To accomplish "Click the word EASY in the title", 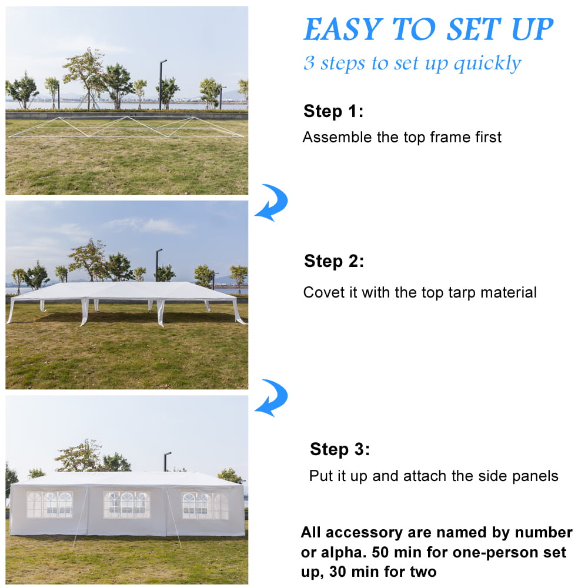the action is coord(343,29).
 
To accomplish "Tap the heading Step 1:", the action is coord(333,111).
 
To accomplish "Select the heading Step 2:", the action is coord(334,261).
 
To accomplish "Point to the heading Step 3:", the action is coord(340,449).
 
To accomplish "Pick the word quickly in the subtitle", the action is coord(487,64).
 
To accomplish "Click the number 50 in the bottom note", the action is coord(380,552).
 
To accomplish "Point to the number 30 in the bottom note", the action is coord(338,572).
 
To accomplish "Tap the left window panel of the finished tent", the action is coord(49,505).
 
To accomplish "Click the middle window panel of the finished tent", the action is coord(127,505).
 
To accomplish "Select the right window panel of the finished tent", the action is coord(205,506).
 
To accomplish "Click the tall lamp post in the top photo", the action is coord(161,85).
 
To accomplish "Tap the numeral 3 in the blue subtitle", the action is coord(309,63).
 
